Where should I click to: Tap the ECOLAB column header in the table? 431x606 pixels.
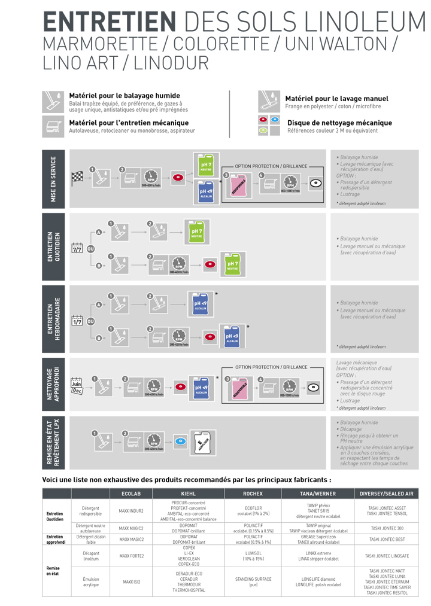tap(130, 494)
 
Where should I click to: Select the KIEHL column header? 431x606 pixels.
tap(188, 494)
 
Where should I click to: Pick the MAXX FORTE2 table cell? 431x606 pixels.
tap(130, 556)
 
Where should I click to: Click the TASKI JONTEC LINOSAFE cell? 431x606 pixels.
tap(386, 556)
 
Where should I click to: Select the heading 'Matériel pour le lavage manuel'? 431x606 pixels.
tap(336, 99)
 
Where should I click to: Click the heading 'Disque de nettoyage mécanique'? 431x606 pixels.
tap(339, 123)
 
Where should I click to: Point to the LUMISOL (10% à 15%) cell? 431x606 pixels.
tap(253, 556)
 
